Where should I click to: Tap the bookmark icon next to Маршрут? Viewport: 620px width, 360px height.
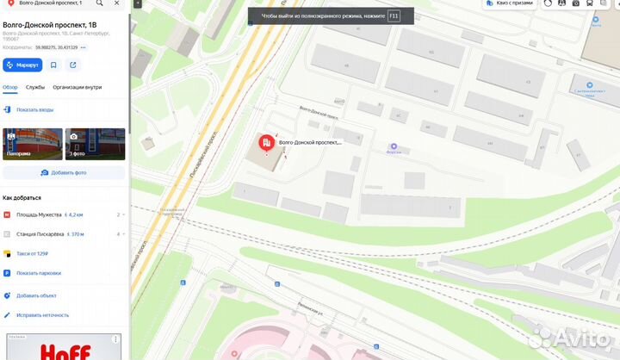pos(53,65)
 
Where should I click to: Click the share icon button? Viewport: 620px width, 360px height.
pos(73,65)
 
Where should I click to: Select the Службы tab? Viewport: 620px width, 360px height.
pos(35,87)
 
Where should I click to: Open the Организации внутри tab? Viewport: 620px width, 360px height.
pos(77,87)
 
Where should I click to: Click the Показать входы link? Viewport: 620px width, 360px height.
pos(34,110)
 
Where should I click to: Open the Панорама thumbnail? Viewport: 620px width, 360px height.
pos(33,144)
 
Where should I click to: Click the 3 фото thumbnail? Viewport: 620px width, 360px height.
pos(96,144)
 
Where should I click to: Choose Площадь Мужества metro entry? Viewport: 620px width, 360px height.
pos(39,214)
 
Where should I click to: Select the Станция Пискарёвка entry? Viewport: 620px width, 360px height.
pos(40,233)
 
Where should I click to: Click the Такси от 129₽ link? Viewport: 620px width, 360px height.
pos(32,254)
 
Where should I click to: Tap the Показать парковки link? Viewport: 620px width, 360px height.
pos(38,273)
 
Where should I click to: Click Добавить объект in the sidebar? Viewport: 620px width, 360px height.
pos(36,295)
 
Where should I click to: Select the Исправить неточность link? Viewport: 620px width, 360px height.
pos(42,315)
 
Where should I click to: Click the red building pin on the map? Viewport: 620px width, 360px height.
pos(266,142)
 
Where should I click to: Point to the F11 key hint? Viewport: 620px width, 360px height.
pos(394,16)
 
